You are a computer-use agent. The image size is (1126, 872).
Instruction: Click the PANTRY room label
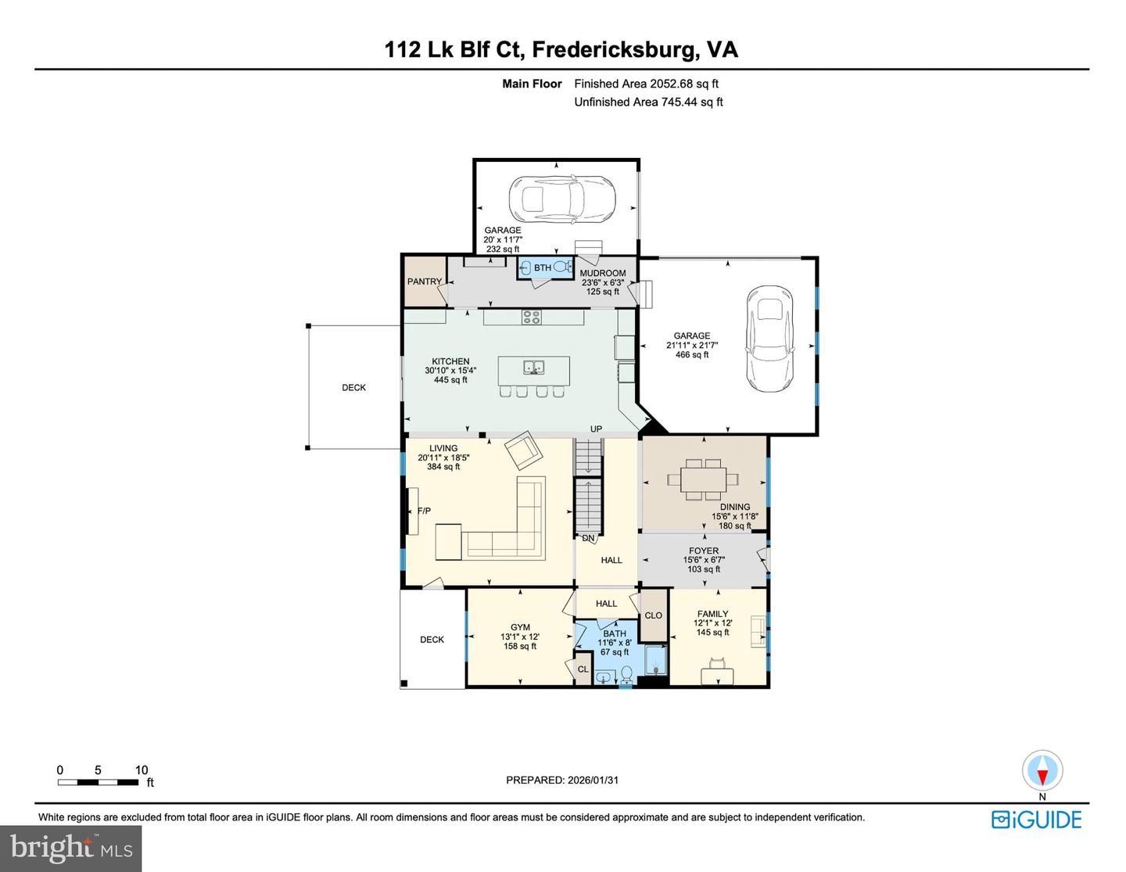(424, 282)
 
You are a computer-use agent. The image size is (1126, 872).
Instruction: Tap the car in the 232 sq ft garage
(561, 199)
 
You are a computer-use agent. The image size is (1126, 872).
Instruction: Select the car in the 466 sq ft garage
(769, 338)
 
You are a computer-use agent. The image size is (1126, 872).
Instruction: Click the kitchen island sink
(534, 367)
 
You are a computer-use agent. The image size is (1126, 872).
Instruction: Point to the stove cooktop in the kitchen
(532, 317)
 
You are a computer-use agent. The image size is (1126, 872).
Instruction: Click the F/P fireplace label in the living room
(424, 511)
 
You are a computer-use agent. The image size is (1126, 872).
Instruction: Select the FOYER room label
(704, 551)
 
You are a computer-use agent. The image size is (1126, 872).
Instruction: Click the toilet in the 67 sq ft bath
(626, 674)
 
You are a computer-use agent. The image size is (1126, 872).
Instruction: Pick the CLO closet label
(653, 615)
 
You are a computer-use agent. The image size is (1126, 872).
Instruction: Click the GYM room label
(520, 627)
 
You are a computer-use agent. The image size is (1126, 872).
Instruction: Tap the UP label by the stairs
(596, 429)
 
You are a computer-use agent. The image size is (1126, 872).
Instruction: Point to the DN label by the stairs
(588, 538)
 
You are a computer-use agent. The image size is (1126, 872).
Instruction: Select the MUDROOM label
(602, 273)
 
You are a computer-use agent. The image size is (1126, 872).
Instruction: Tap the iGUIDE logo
(1036, 820)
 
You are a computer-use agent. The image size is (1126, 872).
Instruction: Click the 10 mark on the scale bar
(142, 770)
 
